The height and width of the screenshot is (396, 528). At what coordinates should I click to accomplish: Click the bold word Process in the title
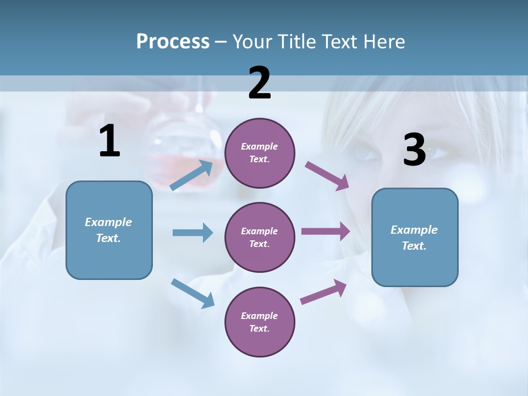[173, 42]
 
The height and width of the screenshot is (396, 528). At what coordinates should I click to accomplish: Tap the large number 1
[109, 141]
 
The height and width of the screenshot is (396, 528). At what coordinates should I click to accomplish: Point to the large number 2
[260, 83]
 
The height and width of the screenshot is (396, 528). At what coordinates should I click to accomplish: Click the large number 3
[414, 150]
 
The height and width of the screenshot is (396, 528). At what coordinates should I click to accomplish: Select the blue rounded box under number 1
[109, 230]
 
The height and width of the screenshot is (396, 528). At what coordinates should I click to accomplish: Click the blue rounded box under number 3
[415, 237]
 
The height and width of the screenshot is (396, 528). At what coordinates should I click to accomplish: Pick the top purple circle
[260, 153]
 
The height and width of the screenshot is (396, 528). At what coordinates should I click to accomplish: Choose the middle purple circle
[260, 237]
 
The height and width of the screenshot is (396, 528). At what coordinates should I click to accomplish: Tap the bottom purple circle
[260, 322]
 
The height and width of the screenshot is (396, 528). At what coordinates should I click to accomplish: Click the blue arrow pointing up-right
[192, 175]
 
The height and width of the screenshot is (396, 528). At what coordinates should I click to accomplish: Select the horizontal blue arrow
[193, 233]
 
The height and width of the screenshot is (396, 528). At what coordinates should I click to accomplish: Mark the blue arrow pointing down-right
[193, 293]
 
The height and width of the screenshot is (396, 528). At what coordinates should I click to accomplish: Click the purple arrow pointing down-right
[328, 176]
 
